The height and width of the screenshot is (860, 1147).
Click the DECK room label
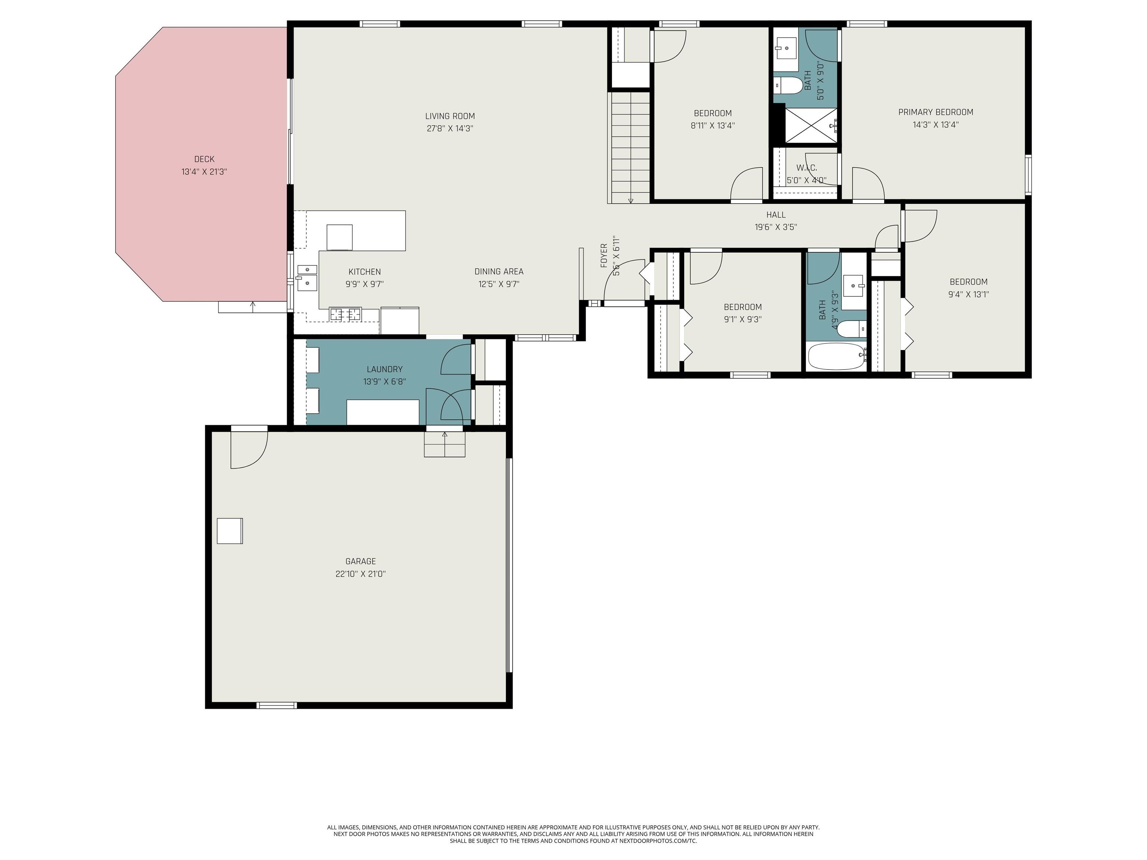point(204,159)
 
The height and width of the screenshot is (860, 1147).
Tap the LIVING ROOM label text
point(450,116)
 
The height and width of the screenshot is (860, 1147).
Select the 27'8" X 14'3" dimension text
point(450,128)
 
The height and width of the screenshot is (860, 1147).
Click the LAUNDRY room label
point(385,369)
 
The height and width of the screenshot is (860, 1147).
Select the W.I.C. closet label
point(807,168)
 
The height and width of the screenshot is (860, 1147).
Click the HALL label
point(776,215)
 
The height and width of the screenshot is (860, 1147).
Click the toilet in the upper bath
point(788,85)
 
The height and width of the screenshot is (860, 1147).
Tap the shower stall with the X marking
point(811,125)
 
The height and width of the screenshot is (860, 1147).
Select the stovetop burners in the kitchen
point(345,314)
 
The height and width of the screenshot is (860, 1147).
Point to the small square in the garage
point(230,531)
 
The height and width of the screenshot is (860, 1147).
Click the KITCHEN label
point(364,272)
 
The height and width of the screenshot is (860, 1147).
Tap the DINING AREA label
point(499,272)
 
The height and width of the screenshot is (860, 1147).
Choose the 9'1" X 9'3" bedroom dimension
point(743,319)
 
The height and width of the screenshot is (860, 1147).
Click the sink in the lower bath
point(854,285)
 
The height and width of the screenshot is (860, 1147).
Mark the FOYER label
point(604,256)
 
